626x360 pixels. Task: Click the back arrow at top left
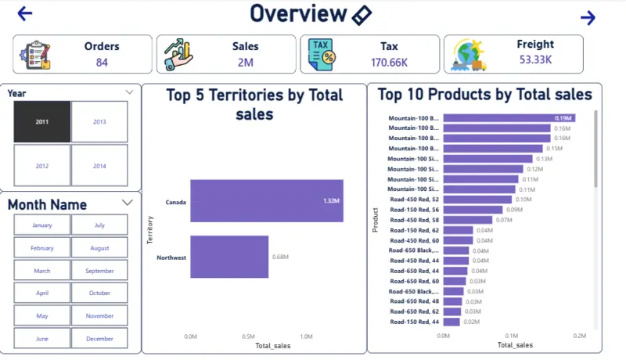(25, 13)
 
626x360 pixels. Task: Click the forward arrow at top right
(588, 18)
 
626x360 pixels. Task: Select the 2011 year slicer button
(41, 122)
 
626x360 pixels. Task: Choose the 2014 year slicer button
(99, 166)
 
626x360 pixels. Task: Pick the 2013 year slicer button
(99, 122)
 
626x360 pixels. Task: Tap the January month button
(41, 225)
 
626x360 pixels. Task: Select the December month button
(99, 338)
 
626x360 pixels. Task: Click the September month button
(99, 271)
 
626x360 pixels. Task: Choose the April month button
(41, 293)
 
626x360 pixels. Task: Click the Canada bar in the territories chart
(266, 201)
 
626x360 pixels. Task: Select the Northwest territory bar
(228, 257)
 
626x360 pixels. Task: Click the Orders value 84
(102, 63)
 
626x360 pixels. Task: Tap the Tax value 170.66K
(389, 63)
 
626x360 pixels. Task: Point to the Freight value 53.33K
(535, 59)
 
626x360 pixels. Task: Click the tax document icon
(322, 55)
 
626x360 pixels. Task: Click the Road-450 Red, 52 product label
(414, 200)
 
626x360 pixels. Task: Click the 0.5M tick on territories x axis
(248, 337)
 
